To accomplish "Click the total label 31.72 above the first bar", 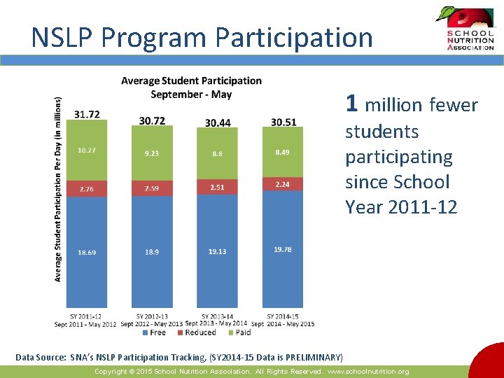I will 87,114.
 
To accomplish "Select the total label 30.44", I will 218,122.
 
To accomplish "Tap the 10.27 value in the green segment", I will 87,150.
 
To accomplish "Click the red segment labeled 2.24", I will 283,184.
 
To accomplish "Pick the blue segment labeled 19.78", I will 283,248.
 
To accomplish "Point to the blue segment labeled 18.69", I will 87,252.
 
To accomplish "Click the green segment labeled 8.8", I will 218,153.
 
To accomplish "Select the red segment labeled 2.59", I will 152,188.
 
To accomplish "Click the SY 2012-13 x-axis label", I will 152,316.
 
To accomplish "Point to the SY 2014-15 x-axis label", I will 283,316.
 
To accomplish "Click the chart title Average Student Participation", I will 191,81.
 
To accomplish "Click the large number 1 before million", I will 352,104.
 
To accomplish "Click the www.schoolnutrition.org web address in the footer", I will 368,372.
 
